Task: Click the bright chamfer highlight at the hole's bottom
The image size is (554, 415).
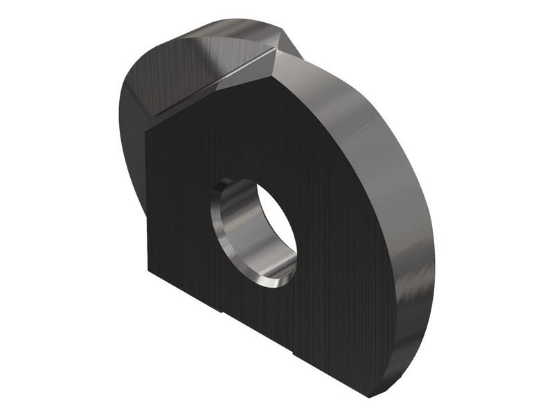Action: point(267,280)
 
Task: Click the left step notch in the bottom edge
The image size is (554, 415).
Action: point(220,313)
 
